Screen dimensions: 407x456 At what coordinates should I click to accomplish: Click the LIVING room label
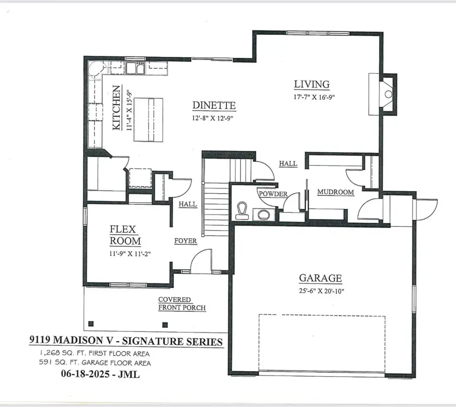point(312,84)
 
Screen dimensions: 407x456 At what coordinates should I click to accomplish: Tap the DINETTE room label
point(214,105)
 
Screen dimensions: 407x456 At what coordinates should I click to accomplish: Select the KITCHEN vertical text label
point(117,108)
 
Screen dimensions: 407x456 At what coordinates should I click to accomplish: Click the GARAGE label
point(320,278)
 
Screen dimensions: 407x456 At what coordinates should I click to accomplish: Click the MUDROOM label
point(335,193)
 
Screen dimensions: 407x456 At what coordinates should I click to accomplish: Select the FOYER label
point(186,241)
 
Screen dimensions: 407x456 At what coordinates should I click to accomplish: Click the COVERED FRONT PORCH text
point(181,304)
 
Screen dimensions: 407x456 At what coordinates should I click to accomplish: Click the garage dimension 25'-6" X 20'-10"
point(320,290)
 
